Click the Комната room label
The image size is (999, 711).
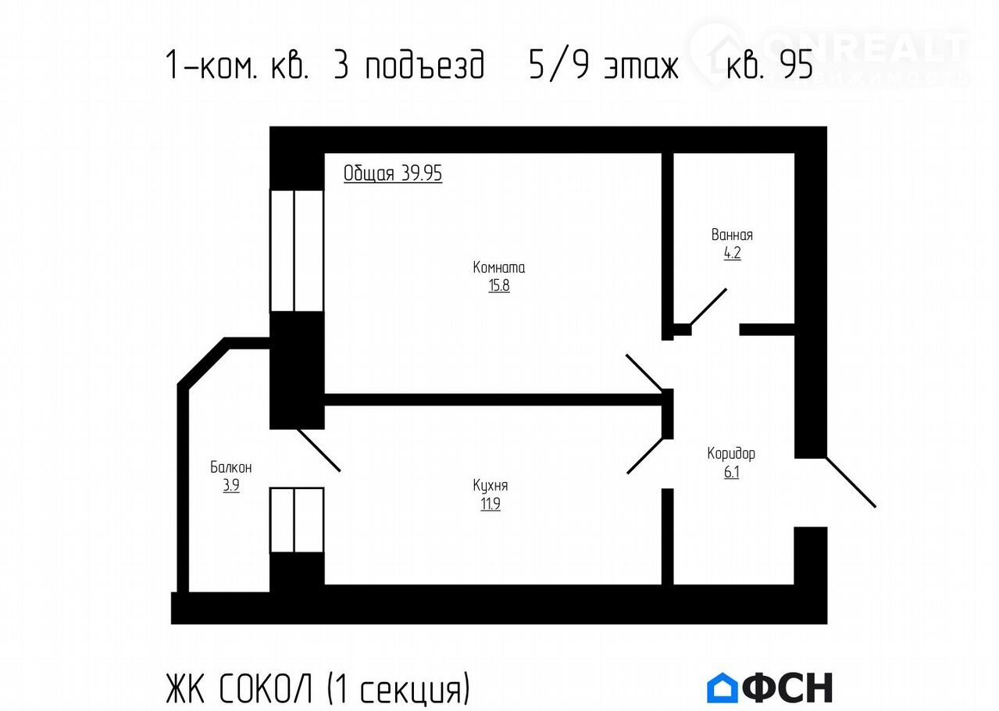coord(498,268)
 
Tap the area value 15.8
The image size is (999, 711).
coord(498,285)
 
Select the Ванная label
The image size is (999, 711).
coord(732,235)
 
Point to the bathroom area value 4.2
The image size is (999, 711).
coord(732,253)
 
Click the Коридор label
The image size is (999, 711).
coord(731,454)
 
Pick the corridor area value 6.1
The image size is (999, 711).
coord(731,472)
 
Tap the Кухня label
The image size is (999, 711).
coord(491,486)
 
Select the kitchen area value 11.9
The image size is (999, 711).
coord(491,504)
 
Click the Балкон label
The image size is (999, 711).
coord(231,467)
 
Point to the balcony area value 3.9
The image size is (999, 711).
coord(231,485)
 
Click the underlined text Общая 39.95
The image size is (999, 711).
coord(392,173)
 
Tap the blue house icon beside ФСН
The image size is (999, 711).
coord(722,687)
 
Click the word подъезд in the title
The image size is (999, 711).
coord(425,65)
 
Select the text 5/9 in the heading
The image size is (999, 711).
coord(558,65)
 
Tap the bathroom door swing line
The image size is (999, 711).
coord(708,307)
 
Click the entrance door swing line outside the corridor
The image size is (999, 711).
coord(851,482)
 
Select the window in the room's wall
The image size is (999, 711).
coord(297,251)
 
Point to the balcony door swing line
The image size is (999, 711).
coord(319,451)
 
